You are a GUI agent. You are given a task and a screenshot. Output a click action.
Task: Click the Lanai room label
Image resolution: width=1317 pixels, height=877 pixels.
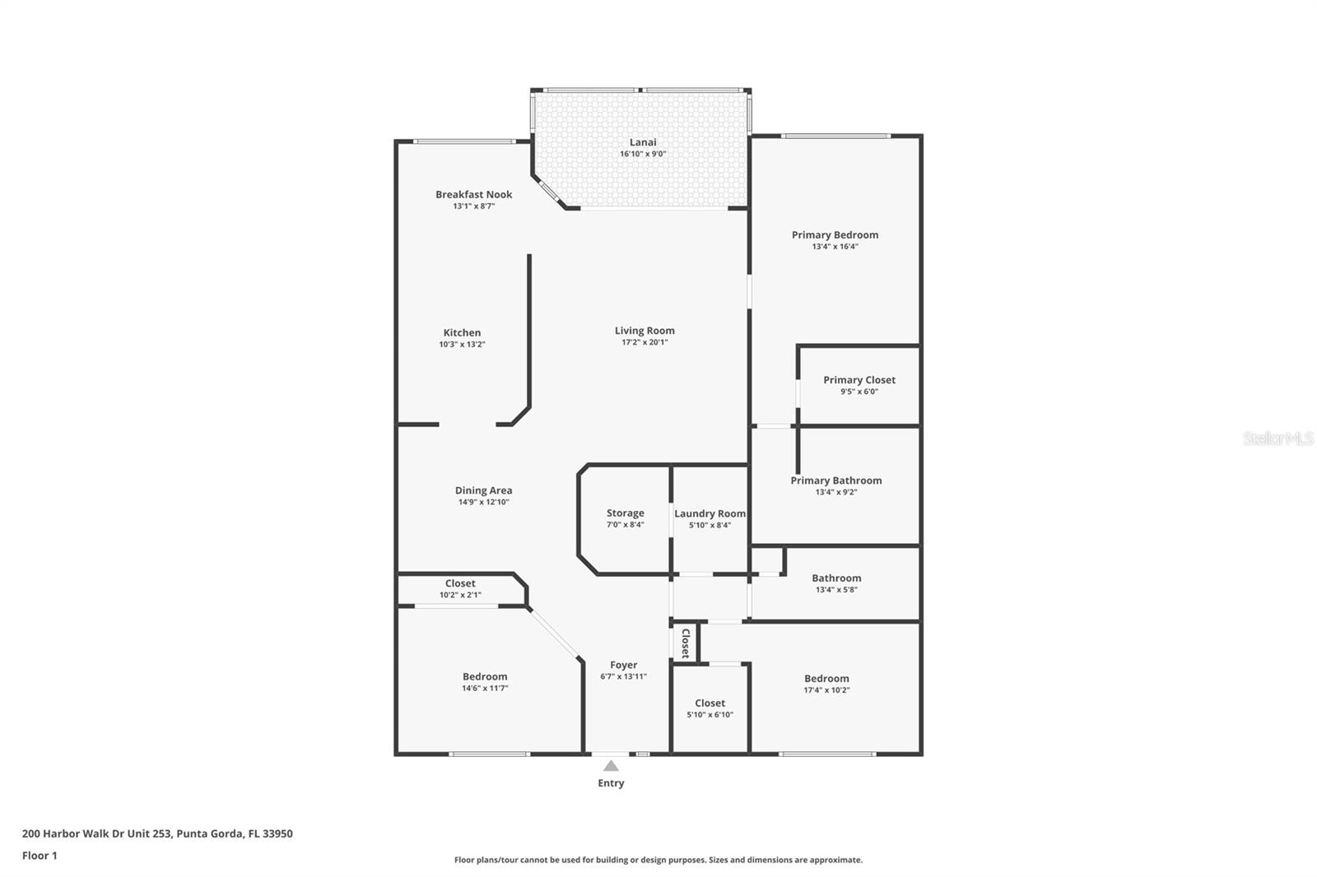(643, 142)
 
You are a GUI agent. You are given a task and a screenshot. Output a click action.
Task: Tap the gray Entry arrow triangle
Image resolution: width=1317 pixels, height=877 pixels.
(611, 765)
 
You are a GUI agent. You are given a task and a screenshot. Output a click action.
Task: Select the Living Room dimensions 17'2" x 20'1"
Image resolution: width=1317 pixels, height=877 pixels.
(645, 342)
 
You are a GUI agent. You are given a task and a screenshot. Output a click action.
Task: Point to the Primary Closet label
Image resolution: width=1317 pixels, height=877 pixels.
(859, 380)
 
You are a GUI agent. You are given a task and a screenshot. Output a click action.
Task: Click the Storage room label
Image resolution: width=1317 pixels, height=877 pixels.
(625, 513)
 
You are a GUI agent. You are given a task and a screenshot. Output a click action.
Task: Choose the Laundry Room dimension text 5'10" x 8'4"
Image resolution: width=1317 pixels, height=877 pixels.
(710, 525)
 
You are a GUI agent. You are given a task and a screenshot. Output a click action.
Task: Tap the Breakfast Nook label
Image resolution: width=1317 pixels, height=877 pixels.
(473, 194)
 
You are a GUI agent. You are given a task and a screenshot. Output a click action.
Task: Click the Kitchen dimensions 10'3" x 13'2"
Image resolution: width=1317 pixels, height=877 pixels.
(462, 345)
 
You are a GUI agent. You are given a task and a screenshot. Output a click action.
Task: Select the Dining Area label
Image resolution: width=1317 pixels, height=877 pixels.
(483, 490)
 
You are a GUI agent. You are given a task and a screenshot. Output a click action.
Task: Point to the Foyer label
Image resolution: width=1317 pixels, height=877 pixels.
(623, 665)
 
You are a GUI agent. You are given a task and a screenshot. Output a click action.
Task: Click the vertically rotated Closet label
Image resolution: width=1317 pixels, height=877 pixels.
(686, 643)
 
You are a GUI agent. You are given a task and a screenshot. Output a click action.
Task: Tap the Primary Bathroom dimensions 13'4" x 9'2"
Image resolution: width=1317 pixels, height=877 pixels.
(836, 492)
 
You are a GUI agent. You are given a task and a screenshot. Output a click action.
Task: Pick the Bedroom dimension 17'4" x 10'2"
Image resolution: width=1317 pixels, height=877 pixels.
(826, 690)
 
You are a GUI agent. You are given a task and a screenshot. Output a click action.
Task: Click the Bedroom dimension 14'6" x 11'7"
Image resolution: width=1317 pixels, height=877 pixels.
(485, 689)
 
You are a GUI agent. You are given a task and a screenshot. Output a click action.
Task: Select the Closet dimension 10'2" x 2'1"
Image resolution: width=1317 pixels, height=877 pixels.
(460, 595)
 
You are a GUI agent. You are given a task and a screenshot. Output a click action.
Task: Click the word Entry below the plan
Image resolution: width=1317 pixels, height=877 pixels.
(611, 783)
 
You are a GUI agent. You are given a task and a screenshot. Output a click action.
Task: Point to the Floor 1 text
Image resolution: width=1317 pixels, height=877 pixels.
(40, 856)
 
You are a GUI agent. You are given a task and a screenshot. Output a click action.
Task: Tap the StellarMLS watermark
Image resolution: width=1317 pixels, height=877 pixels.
(1278, 438)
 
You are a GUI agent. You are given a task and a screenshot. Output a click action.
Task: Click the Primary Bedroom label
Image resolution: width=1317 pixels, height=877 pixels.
(835, 235)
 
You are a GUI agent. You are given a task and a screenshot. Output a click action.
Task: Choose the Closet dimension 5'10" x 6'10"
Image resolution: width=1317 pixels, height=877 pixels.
(710, 715)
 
